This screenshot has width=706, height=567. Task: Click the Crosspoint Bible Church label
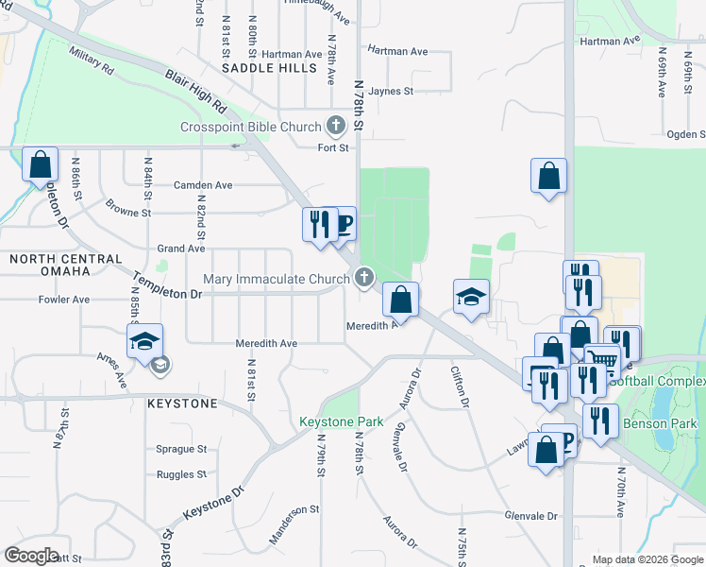coord(251,127)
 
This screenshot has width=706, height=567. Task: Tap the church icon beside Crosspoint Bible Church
coord(335,126)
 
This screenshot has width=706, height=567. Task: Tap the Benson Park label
coord(663,423)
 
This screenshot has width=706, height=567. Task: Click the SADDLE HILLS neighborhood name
coord(270,68)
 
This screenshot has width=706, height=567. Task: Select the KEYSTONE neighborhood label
coord(182,404)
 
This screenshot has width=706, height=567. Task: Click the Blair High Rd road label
coord(196,92)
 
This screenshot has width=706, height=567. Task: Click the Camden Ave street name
coord(203,185)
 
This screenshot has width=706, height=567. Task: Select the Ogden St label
coord(684,135)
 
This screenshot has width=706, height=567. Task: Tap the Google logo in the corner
coord(31,556)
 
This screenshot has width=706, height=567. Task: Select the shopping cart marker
coord(601,360)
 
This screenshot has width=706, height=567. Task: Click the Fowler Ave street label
coord(63,300)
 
